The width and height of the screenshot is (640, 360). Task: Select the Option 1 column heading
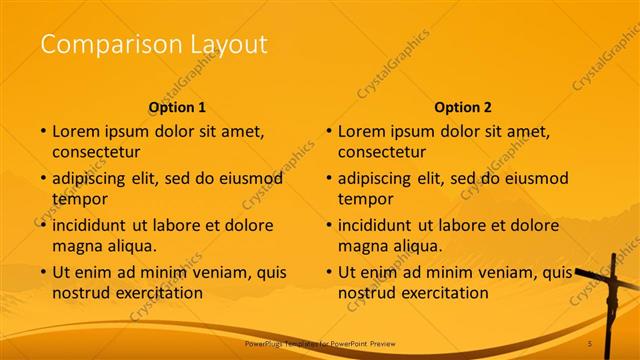click(177, 107)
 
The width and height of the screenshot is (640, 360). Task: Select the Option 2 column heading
click(463, 107)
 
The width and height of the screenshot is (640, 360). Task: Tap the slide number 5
click(591, 344)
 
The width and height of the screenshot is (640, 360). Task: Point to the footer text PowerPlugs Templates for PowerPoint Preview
click(320, 344)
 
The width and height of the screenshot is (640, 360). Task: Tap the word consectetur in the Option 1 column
click(97, 152)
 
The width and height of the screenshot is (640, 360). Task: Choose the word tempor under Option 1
click(78, 199)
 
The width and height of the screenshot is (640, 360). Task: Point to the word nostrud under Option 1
click(82, 293)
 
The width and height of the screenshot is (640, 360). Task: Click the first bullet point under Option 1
click(43, 131)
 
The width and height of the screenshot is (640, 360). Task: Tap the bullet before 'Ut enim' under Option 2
click(329, 272)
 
